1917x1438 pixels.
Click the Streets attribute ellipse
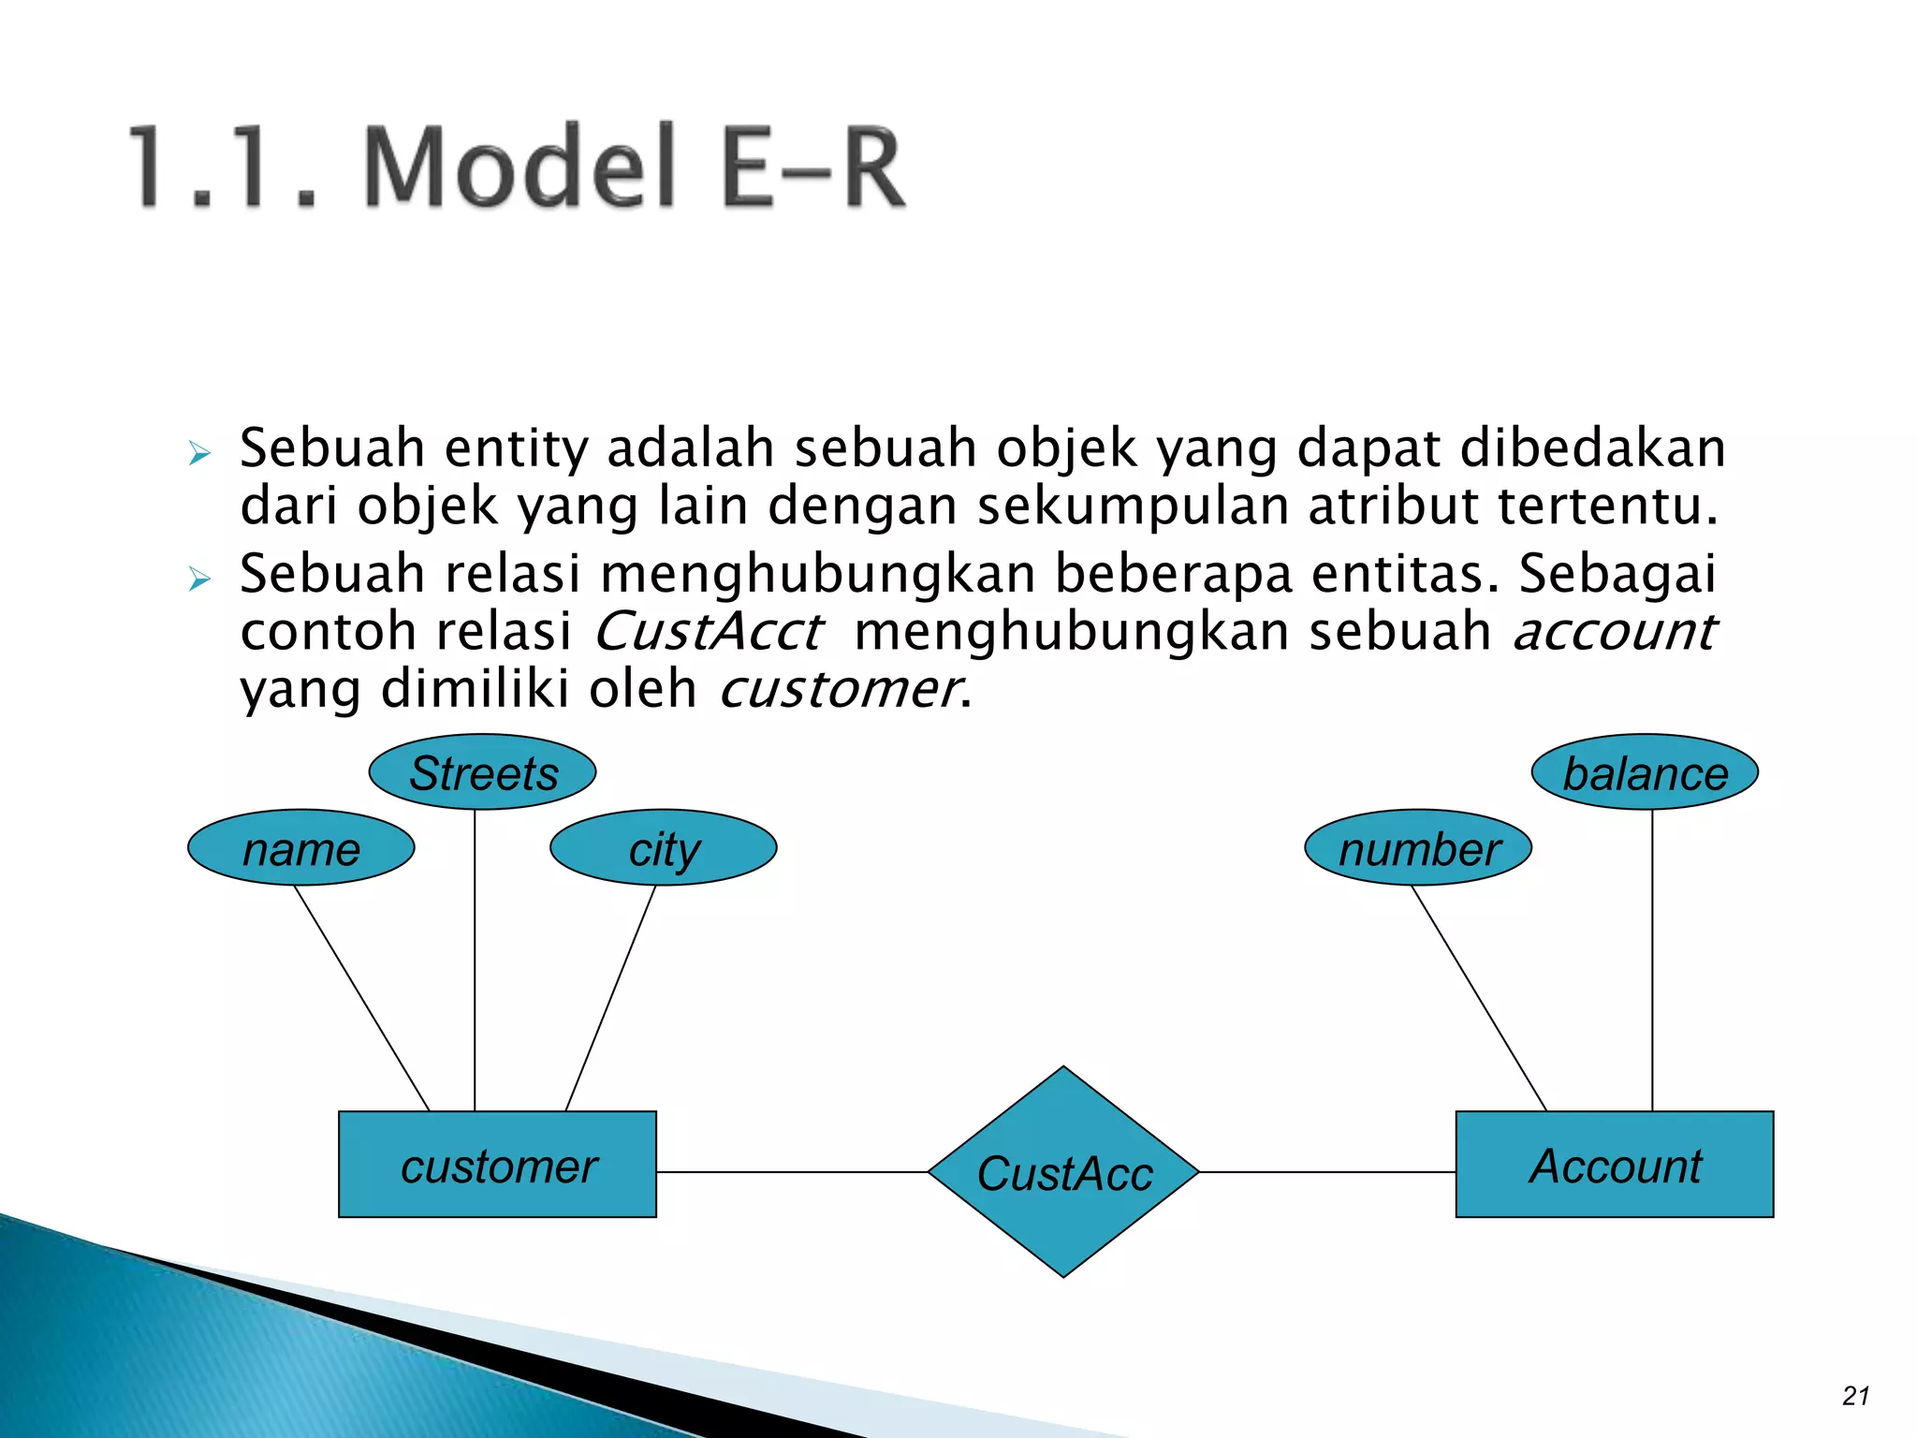[x=482, y=772]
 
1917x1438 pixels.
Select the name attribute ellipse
[x=300, y=848]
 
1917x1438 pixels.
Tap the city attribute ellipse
[x=663, y=848]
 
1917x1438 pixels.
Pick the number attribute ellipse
[x=1417, y=848]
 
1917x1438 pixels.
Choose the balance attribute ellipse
[x=1645, y=772]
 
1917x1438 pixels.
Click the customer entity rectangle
[x=497, y=1165]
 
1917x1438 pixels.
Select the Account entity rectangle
[x=1614, y=1165]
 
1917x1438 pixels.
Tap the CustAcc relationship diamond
[x=1063, y=1172]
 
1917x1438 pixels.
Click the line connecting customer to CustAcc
[x=791, y=1172]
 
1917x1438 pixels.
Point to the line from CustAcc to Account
[x=1326, y=1172]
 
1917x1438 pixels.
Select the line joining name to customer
[x=362, y=998]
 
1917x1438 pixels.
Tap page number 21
[x=1855, y=1396]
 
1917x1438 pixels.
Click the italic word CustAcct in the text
[x=709, y=632]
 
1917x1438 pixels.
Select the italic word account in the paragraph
[x=1615, y=632]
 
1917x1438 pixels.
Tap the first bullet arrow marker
[x=199, y=454]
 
